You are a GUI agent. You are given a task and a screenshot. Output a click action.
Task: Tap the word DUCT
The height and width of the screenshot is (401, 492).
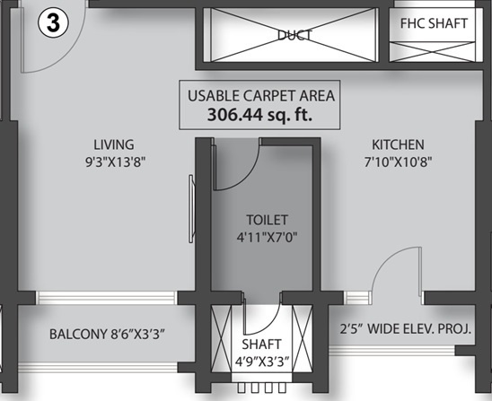[x=293, y=36]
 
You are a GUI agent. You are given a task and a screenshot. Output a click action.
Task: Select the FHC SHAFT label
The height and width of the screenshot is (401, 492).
[x=435, y=24]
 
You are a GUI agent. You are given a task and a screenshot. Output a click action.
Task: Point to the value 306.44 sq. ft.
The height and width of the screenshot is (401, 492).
[x=261, y=115]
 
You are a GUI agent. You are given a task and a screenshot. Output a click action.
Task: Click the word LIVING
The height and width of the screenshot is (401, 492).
[x=114, y=144]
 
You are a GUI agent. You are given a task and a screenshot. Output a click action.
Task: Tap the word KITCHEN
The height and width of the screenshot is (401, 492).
[x=399, y=144]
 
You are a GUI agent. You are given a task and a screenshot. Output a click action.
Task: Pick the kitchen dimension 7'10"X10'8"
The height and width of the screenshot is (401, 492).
[x=399, y=162]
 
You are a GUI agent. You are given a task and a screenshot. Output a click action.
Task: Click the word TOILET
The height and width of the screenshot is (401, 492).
[x=268, y=218]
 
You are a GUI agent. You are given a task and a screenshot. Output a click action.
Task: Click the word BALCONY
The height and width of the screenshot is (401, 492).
[x=79, y=335]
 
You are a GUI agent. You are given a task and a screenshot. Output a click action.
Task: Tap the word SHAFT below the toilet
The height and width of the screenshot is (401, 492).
[x=261, y=344]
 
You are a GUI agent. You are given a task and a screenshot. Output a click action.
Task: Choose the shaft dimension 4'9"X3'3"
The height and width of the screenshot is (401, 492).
[x=261, y=363]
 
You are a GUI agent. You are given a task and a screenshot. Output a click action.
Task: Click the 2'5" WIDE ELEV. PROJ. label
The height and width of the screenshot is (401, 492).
[x=400, y=329]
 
